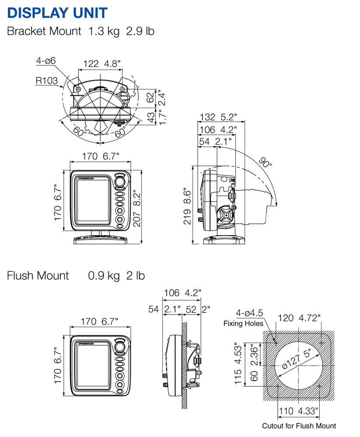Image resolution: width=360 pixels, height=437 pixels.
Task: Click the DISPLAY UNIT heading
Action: coord(57,12)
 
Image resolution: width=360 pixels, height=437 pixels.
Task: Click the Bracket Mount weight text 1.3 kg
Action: coord(103,31)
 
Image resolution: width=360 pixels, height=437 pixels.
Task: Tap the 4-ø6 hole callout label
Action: coord(45,61)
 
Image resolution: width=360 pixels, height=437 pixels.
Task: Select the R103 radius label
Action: coord(47,80)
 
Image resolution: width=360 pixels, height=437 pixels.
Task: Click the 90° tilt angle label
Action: coord(266,163)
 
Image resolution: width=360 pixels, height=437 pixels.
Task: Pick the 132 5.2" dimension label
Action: coord(218,117)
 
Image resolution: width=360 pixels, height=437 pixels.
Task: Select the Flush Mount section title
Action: coord(38,276)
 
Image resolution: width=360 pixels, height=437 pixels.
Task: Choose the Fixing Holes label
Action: coord(244,323)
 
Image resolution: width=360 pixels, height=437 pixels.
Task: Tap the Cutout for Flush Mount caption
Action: coord(299,426)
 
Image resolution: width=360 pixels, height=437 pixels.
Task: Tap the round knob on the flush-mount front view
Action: coord(120,348)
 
